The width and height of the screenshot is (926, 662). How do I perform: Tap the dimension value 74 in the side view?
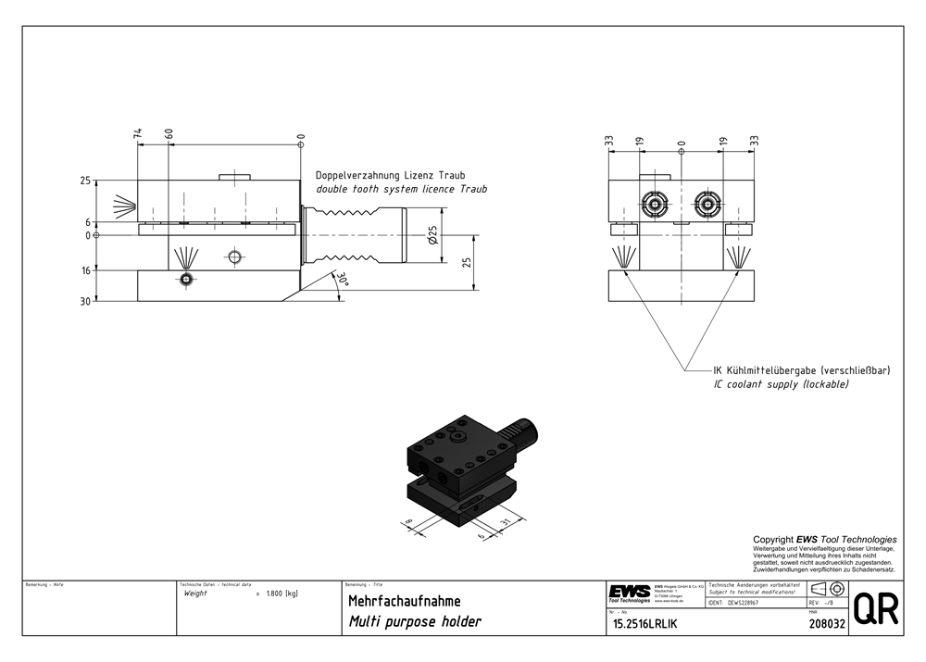pyautogui.click(x=138, y=134)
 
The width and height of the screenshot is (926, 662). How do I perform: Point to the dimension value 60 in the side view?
pyautogui.click(x=169, y=134)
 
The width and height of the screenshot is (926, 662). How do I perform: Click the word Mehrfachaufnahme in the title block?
pyautogui.click(x=404, y=601)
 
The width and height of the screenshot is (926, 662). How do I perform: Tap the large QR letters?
pyautogui.click(x=875, y=609)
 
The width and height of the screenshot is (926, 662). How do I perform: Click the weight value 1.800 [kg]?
pyautogui.click(x=281, y=593)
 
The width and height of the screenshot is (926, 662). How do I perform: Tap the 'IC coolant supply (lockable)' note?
pyautogui.click(x=781, y=383)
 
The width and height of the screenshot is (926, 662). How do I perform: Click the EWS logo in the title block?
pyautogui.click(x=629, y=593)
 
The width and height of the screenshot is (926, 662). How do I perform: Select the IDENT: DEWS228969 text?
pyautogui.click(x=738, y=603)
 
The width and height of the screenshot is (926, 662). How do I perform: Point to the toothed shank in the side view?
pyautogui.click(x=357, y=236)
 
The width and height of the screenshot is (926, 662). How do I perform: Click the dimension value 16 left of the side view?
pyautogui.click(x=86, y=270)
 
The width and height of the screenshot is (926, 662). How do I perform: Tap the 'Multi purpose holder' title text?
pyautogui.click(x=414, y=622)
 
